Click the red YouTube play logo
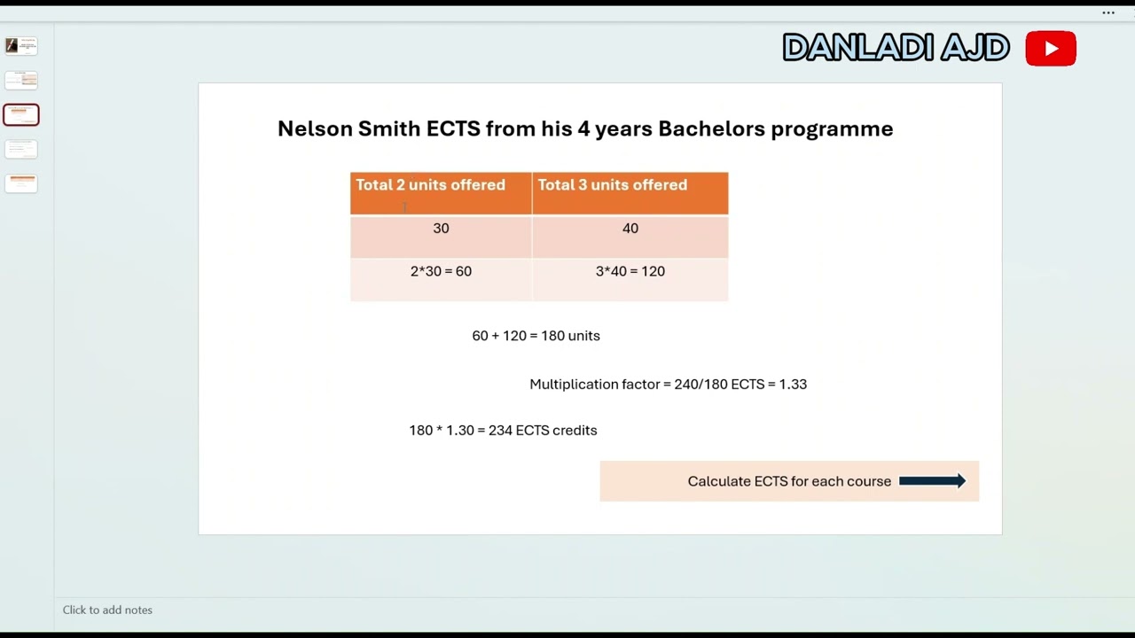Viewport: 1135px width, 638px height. [x=1051, y=49]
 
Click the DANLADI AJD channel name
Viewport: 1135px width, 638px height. [x=896, y=49]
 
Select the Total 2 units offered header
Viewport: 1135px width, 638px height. [x=431, y=185]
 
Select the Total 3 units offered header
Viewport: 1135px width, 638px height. [x=613, y=185]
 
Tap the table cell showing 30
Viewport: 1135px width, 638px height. [x=441, y=229]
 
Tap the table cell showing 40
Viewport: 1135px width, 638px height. [x=630, y=229]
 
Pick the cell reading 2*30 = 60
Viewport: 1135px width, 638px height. [x=441, y=271]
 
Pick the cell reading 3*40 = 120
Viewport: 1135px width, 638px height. [x=630, y=271]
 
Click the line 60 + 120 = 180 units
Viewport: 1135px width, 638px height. [x=536, y=336]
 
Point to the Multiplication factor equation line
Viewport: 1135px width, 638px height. [x=668, y=385]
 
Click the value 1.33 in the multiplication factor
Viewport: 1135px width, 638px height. [x=793, y=385]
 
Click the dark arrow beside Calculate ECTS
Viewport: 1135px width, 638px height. [x=932, y=481]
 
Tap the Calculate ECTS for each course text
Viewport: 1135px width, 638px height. [x=789, y=481]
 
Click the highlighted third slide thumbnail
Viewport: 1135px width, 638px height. [x=21, y=114]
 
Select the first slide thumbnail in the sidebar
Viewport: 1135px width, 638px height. [x=21, y=45]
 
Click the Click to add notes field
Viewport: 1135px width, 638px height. [x=107, y=610]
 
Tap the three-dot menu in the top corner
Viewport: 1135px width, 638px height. [x=1108, y=13]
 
